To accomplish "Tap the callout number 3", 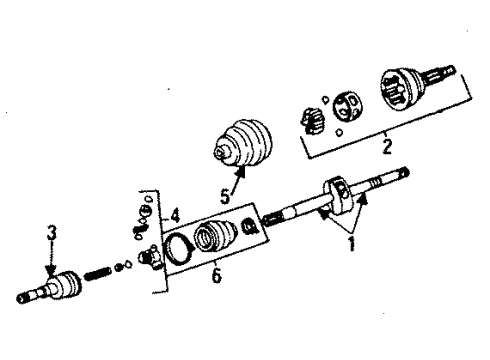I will click(x=53, y=233).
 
